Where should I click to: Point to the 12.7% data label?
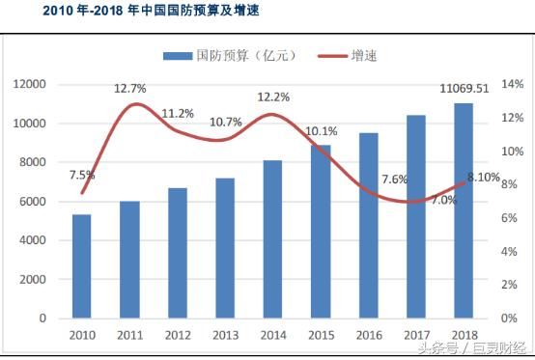[130, 89]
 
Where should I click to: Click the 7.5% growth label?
[82, 175]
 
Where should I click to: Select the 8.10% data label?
[483, 177]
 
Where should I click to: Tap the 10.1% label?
[321, 131]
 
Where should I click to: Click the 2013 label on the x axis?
[225, 334]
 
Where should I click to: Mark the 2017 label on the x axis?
[415, 334]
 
